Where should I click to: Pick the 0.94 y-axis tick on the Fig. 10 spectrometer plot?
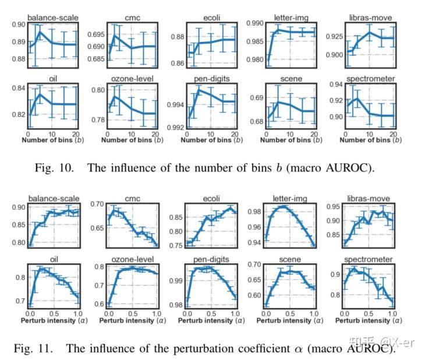(337, 85)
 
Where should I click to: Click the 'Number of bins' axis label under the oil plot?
(45, 140)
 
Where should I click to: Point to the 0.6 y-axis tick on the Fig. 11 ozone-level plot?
(99, 304)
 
